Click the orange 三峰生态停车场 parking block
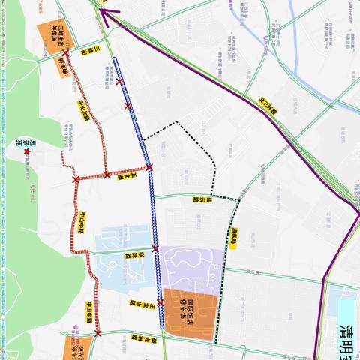[51, 34]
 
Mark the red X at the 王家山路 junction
[160, 302]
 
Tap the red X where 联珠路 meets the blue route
[155, 248]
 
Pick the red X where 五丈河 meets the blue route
[149, 168]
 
